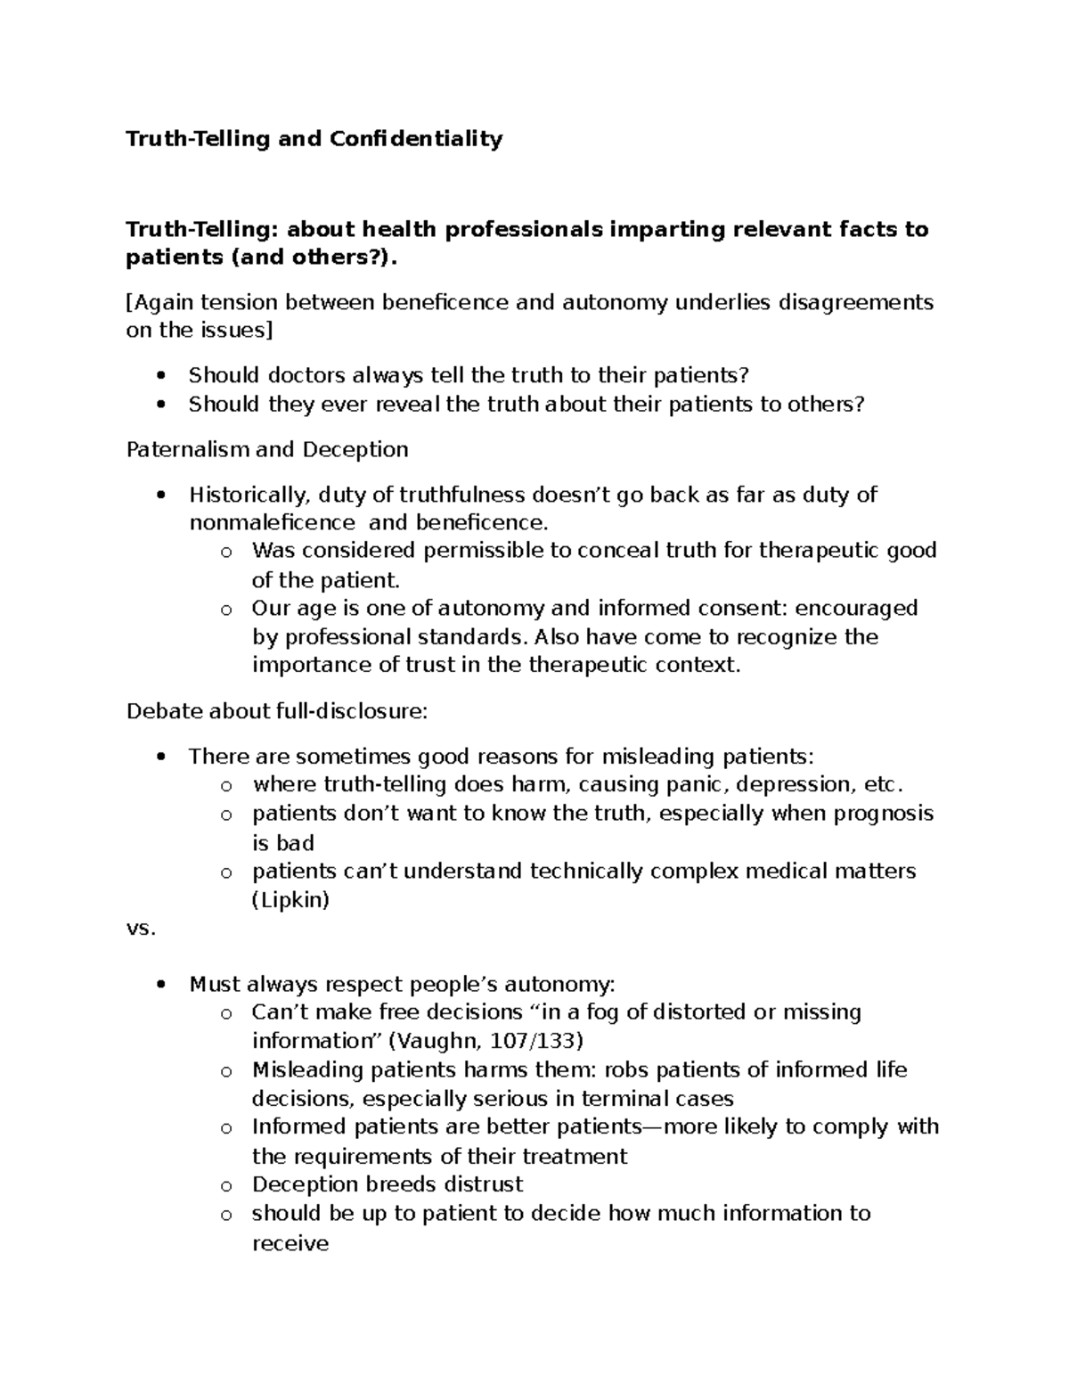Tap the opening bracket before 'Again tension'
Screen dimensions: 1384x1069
point(129,303)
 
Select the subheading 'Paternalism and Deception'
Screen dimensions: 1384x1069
point(267,449)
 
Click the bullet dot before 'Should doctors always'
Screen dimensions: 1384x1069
point(160,376)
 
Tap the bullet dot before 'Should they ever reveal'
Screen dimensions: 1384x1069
point(160,405)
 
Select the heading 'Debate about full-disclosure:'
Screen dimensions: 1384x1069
point(277,711)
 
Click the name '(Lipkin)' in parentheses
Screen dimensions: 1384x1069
point(290,900)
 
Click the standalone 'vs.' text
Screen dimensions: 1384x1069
point(141,929)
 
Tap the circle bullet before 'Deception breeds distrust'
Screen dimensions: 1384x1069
point(227,1186)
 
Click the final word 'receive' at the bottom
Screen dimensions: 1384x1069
point(290,1243)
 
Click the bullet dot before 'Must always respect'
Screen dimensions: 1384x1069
point(160,986)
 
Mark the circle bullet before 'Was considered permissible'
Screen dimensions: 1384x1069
point(227,553)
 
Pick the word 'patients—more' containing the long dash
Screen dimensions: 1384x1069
point(623,1127)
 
